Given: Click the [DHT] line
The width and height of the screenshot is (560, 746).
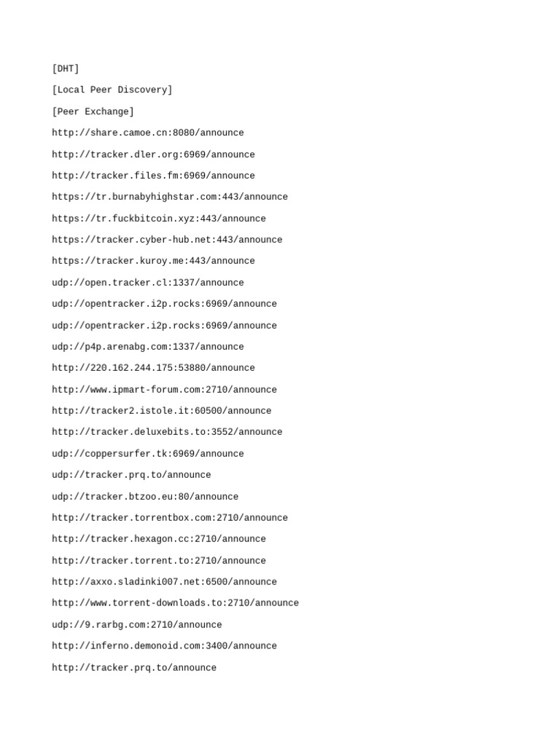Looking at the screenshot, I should pos(66,69).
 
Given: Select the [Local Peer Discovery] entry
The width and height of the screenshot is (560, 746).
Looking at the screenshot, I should pos(112,90).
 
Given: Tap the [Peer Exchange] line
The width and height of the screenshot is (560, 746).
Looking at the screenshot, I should pos(93,112).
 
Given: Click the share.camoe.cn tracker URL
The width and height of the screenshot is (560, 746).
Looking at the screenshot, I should pos(148,133).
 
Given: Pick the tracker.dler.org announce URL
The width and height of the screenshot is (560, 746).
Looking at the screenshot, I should pos(153,154).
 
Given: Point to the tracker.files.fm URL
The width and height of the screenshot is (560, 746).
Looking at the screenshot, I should pos(153,176).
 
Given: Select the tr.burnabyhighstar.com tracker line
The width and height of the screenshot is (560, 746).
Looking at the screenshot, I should pos(170,197).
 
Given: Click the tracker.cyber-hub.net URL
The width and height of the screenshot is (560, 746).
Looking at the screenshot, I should pos(167,240).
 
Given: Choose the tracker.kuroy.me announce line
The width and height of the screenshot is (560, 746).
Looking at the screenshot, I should pos(153,261).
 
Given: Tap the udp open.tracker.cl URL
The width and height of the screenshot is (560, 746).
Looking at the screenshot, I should pos(148,283).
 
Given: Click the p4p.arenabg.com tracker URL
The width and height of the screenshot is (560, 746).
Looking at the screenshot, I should pos(148,347).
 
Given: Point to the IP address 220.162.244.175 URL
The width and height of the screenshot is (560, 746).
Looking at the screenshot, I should pos(153,368).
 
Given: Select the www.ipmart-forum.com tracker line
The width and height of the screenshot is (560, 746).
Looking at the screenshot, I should pos(164,390).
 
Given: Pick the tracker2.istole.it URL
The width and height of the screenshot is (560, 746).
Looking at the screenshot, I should pos(161,411).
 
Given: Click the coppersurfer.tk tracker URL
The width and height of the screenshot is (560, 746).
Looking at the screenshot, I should pos(148,454).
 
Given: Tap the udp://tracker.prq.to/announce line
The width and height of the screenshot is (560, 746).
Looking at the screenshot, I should pos(131,475).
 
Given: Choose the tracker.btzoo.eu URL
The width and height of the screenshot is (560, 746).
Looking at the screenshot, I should pos(145,497).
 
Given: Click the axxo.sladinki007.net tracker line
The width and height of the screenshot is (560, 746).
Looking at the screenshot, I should pos(164,582).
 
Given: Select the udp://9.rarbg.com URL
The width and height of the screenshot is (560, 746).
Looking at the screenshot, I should pos(137,625).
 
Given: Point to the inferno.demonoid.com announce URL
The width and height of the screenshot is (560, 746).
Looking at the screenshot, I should pos(164,646).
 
